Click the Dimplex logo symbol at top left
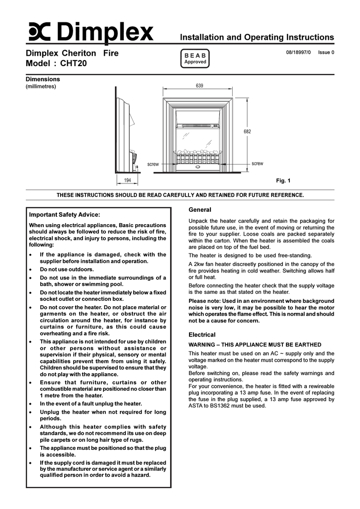[39, 33]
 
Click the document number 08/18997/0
[298, 52]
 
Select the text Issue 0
[326, 52]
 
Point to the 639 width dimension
[199, 86]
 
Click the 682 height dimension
[247, 132]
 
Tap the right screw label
[257, 164]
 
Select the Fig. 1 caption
[283, 180]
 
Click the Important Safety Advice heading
[65, 215]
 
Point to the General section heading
[200, 210]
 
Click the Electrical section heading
[202, 335]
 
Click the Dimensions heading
[43, 79]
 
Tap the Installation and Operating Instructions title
[257, 37]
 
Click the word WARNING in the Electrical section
[202, 344]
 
